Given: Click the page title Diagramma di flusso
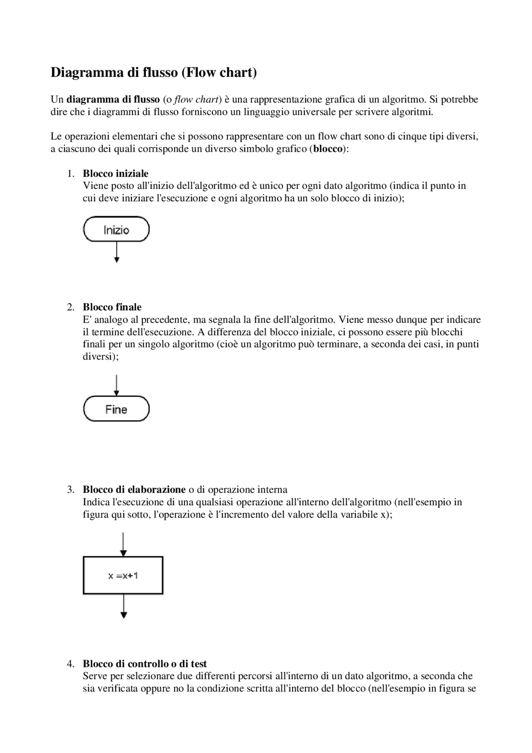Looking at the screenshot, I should coord(153,72).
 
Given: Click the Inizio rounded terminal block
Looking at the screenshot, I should coord(116,230).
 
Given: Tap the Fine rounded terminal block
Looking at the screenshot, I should coord(116,409).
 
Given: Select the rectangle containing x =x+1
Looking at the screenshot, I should coord(123,575).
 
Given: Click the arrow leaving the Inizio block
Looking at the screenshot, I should coord(117,252).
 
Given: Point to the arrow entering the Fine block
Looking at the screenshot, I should coord(117,385).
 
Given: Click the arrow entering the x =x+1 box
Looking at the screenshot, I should coord(123,544).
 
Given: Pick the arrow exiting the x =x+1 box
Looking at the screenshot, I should coord(123,606).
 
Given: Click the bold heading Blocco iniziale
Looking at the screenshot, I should coord(116,173).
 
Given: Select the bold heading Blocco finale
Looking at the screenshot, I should coord(112,307).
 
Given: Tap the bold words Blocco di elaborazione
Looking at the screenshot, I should coord(134,489).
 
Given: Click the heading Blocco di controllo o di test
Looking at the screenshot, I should coord(145,664).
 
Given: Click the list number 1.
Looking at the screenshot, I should coord(71,173).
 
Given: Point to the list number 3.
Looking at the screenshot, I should coord(71,489).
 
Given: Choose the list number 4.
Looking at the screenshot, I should coord(71,664).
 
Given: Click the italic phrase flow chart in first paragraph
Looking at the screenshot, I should coord(196,100).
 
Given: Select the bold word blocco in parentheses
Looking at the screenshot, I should coord(328,149).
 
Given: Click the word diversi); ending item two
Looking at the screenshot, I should coord(101,357).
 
